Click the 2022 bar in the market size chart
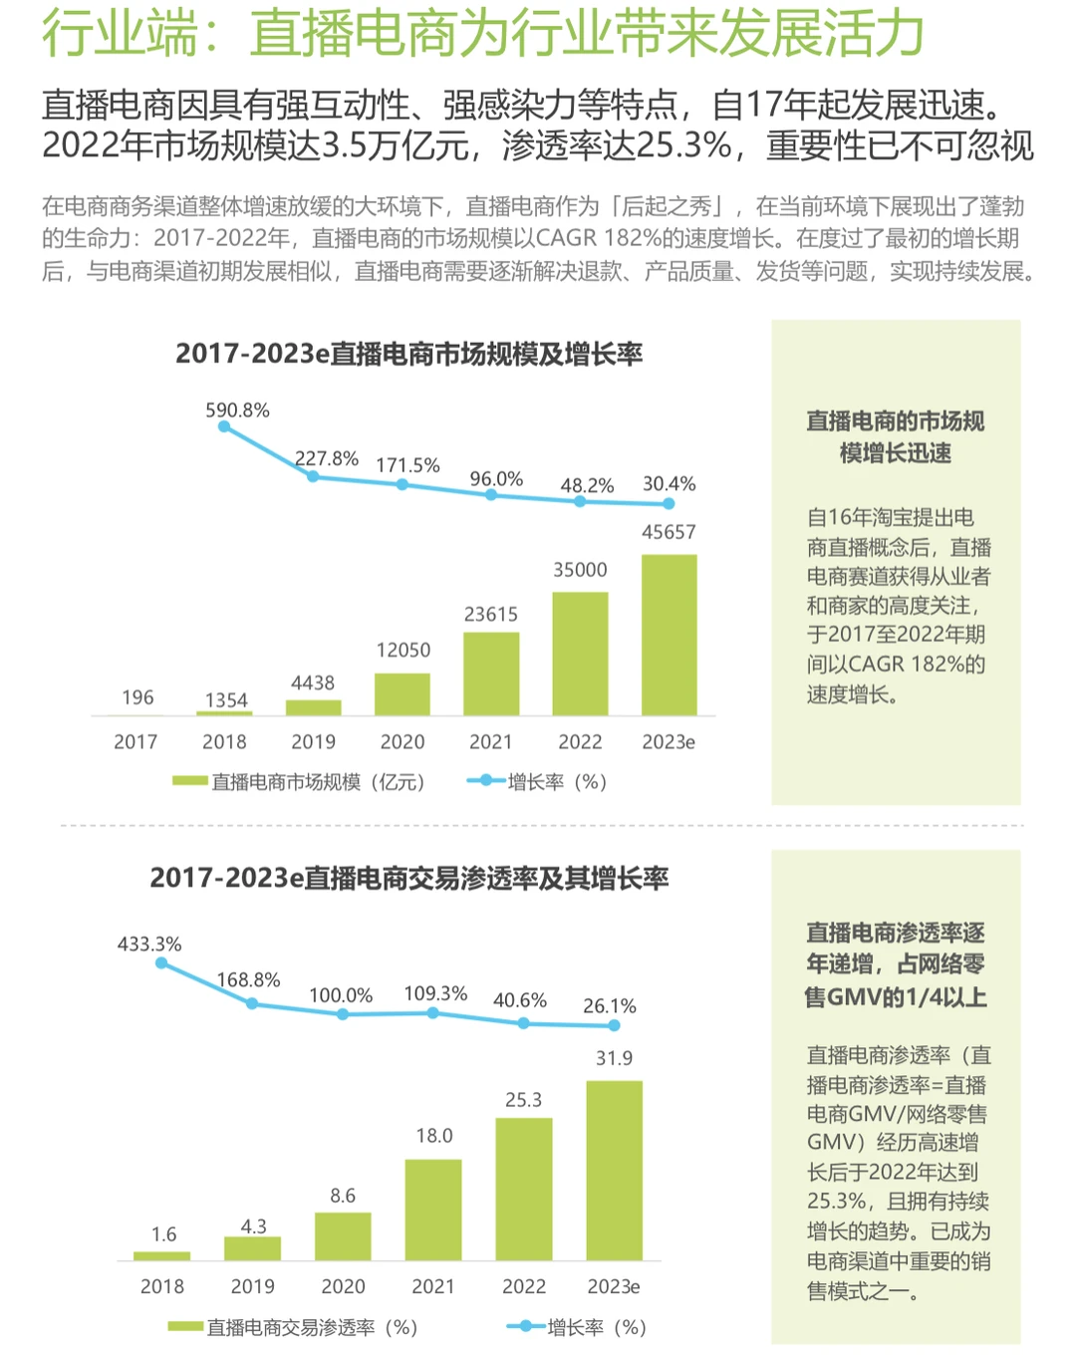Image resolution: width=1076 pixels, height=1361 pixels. click(x=580, y=654)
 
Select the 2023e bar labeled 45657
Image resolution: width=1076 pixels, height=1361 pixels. click(x=669, y=635)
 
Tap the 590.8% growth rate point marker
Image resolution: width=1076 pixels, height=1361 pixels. click(x=224, y=426)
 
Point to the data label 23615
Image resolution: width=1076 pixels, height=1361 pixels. click(x=491, y=615)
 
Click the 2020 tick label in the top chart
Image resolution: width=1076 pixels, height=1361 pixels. click(x=403, y=742)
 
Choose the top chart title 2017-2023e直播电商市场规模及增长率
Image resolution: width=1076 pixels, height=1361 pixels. click(x=408, y=354)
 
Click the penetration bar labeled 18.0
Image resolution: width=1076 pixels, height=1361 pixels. click(x=433, y=1210)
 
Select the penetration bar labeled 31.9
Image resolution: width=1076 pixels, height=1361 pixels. click(x=614, y=1171)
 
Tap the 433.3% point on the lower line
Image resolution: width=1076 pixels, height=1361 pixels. click(x=161, y=962)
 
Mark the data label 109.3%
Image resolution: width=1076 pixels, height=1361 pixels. click(x=435, y=993)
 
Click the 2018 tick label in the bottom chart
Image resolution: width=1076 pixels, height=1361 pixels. click(x=162, y=1286)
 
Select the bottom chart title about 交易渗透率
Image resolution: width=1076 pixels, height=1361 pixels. click(x=408, y=878)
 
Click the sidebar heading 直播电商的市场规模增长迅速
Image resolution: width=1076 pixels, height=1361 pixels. click(x=895, y=436)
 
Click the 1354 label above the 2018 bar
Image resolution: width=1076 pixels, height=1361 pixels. click(x=226, y=700)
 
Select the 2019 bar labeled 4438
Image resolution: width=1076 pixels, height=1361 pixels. click(x=314, y=707)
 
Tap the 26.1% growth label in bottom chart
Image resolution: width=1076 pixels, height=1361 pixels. click(x=609, y=1006)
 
